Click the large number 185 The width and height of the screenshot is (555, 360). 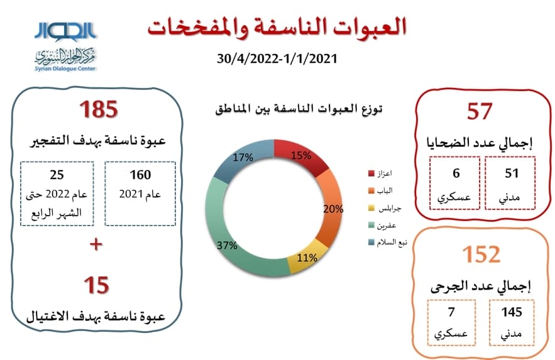click(x=99, y=109)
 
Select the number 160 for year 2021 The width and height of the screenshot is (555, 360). click(x=140, y=175)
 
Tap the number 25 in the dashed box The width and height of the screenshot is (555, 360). click(x=57, y=175)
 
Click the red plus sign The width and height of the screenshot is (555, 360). click(x=96, y=244)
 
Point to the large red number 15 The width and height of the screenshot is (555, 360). click(x=96, y=285)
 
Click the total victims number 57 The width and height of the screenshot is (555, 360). click(x=480, y=111)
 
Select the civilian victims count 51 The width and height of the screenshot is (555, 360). click(x=512, y=173)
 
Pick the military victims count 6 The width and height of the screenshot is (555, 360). click(x=456, y=173)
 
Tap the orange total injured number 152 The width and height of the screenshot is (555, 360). click(x=481, y=254)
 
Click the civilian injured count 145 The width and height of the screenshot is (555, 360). click(x=512, y=312)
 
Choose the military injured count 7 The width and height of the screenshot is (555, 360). click(x=451, y=312)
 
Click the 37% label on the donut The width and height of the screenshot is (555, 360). click(x=227, y=245)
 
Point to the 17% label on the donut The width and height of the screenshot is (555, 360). click(x=243, y=157)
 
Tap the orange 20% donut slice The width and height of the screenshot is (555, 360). click(x=331, y=209)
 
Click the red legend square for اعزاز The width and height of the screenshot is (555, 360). click(x=371, y=173)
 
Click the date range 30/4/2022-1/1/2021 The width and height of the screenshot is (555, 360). click(x=277, y=58)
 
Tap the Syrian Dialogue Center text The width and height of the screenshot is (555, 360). click(x=65, y=68)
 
